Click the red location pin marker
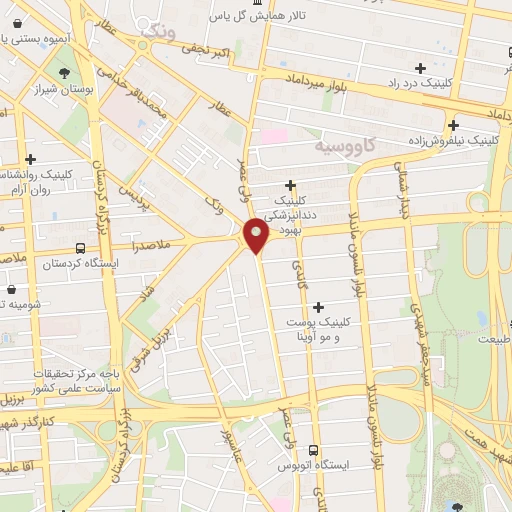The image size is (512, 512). (x=257, y=236)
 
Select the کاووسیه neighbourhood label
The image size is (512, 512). (x=347, y=146)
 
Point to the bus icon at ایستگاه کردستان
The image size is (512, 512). (x=80, y=247)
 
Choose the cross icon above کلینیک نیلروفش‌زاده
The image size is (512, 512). (x=454, y=126)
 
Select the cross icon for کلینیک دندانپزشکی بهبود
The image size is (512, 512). (x=290, y=185)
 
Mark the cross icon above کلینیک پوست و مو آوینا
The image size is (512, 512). (x=318, y=307)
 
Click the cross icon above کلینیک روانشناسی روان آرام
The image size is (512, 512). (x=32, y=159)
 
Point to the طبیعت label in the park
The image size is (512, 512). (x=492, y=339)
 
